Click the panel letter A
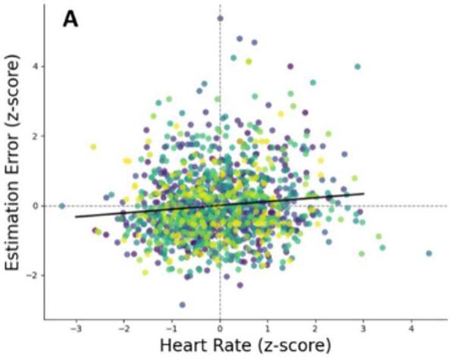(70, 19)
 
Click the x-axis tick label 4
(412, 330)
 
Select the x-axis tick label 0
(220, 330)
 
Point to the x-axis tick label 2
(315, 330)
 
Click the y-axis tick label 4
(34, 67)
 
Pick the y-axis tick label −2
(31, 275)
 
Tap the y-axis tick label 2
(34, 136)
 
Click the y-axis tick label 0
(34, 205)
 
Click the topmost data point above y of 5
(220, 18)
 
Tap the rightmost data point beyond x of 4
(429, 253)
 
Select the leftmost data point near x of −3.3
(62, 205)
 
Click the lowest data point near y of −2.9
(182, 305)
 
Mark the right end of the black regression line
(364, 193)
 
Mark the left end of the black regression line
(75, 217)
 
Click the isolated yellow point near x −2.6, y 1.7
(93, 146)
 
